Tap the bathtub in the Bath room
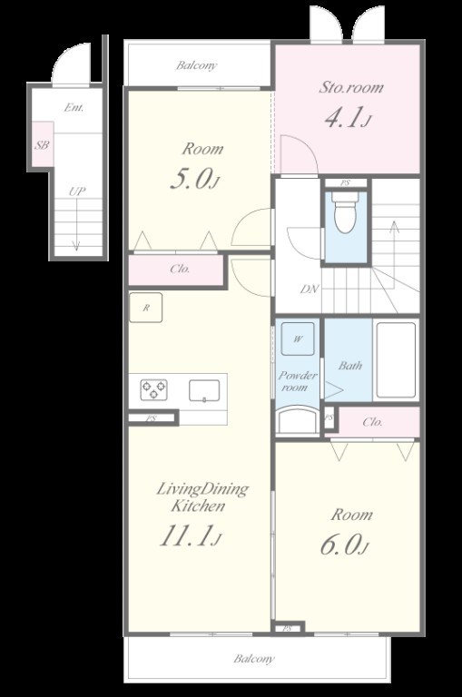point(396,360)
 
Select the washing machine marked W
point(298,339)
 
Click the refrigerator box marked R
point(145,307)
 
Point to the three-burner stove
point(154,390)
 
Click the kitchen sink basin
point(204,391)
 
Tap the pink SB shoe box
point(42,145)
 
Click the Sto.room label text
point(351,87)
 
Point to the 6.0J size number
point(345,545)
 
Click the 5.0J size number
point(196,179)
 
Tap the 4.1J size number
point(348,118)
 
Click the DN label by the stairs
point(310,289)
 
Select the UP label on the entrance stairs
point(77,191)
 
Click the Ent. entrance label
point(74,107)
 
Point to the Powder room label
point(297,381)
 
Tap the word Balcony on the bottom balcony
point(254,658)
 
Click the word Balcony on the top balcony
point(197,65)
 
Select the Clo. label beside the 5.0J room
point(180,269)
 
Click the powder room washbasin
point(298,421)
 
